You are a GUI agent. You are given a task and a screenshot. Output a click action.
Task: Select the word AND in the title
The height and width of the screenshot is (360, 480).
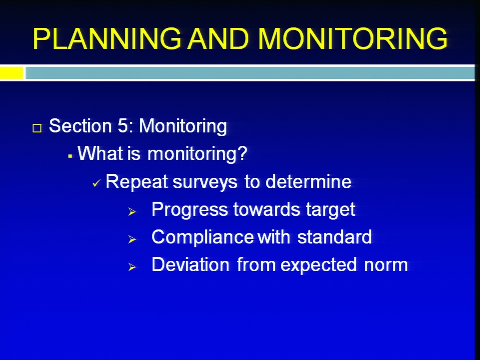(218, 39)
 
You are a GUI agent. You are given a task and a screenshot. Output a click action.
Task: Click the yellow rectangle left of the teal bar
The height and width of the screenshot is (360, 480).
(11, 73)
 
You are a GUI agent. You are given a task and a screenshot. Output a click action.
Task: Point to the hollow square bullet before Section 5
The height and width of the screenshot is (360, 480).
(37, 128)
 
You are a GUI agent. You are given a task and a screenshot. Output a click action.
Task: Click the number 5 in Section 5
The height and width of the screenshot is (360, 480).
(122, 126)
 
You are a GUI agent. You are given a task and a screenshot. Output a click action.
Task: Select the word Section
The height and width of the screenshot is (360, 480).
(80, 126)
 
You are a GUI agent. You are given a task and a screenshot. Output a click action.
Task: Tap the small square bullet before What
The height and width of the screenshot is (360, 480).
(70, 156)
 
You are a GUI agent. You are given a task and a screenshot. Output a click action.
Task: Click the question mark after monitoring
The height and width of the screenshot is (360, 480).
(242, 153)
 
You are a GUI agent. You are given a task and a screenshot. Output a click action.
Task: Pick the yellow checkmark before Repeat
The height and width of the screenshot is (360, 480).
(96, 183)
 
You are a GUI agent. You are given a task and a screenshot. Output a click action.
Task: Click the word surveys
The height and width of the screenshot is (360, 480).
(205, 183)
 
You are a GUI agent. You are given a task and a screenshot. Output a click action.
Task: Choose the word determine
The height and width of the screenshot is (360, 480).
(308, 182)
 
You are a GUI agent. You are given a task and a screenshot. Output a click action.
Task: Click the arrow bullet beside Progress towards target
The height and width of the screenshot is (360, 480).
(132, 212)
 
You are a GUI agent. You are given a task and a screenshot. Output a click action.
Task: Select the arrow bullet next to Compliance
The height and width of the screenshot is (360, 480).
(132, 239)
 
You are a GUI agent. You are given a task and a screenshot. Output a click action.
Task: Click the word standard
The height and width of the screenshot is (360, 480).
(334, 237)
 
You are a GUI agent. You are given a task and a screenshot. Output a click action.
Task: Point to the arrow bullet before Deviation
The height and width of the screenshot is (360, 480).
(132, 267)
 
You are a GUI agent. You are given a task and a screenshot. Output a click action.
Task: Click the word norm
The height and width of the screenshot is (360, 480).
(386, 265)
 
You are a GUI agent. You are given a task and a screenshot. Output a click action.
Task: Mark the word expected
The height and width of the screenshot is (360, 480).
(318, 265)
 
